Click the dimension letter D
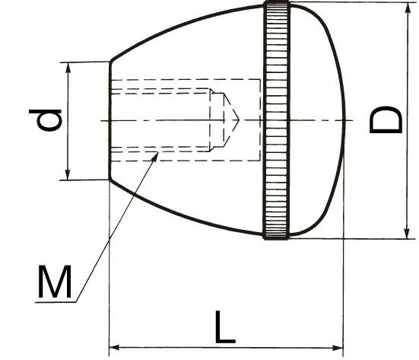[386, 119]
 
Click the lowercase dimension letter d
[46, 120]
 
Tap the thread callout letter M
[55, 282]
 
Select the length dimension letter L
[225, 327]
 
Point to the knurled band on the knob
[277, 120]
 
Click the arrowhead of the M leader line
[155, 157]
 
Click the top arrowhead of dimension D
[408, 8]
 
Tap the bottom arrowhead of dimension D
[407, 233]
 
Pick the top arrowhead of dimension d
[68, 68]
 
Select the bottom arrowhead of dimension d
[68, 174]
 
